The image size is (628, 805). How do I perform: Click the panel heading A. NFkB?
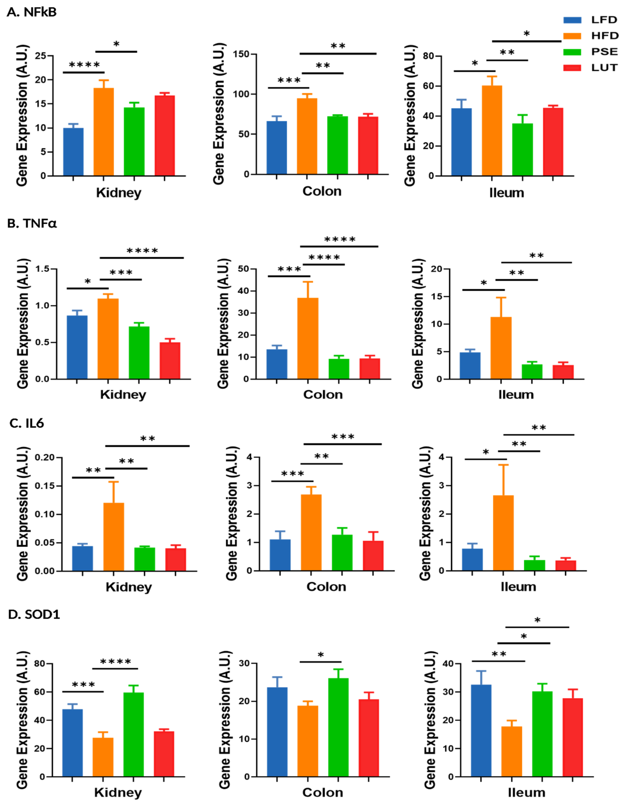pos(32,12)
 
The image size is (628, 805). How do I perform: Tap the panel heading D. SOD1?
pos(34,614)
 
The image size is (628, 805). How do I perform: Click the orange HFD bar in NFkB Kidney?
pos(103,131)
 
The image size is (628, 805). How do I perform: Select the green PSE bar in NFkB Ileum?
pos(522,149)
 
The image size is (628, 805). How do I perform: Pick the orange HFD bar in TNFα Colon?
pos(308,338)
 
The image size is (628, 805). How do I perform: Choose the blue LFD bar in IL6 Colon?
pos(280,555)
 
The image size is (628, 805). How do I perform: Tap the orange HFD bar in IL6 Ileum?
pos(503,533)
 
